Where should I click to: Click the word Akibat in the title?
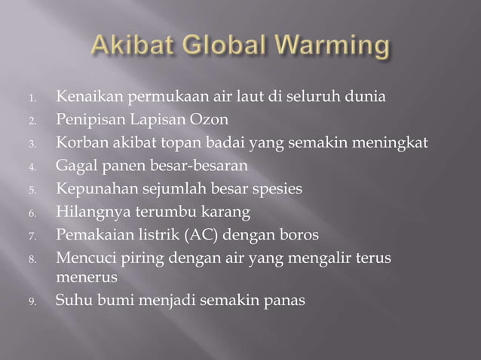coord(131,49)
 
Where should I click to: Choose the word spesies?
coord(280,188)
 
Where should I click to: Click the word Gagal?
coord(74,166)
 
